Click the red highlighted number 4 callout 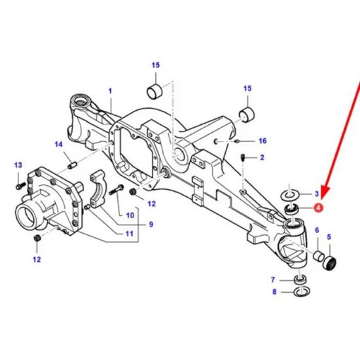pos(318,209)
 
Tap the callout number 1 pos(111,90)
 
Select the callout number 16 pos(262,141)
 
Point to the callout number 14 pos(58,145)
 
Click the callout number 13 pos(18,165)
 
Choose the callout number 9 pos(150,225)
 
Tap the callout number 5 pos(329,237)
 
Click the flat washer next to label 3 pos(290,194)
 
